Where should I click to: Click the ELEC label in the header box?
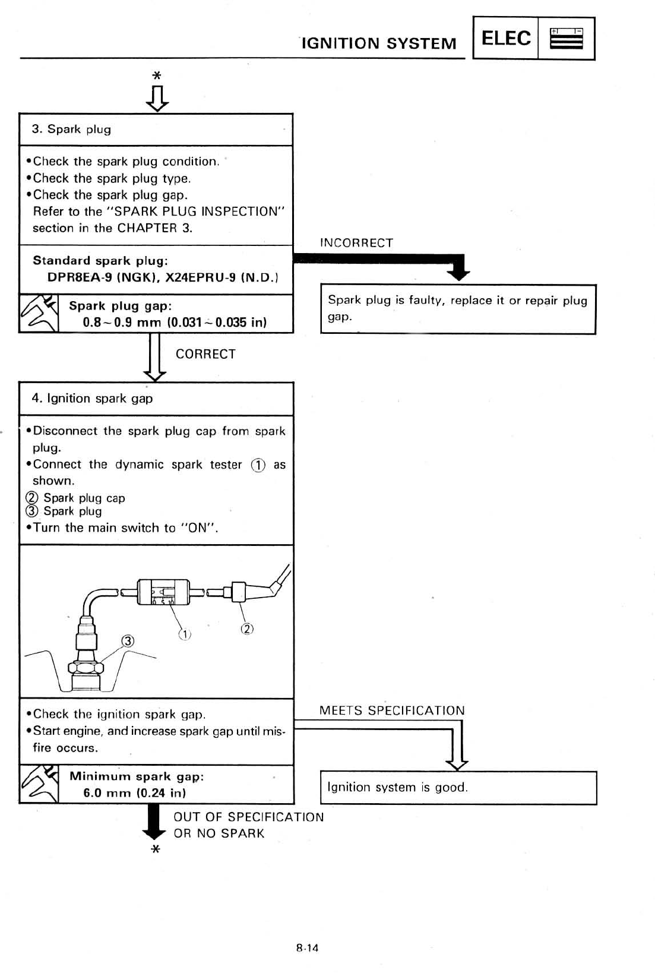[x=505, y=39]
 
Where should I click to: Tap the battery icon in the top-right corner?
[x=566, y=39]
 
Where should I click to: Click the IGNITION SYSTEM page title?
[x=379, y=43]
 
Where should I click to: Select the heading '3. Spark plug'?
[x=71, y=130]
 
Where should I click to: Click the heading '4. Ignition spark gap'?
[x=92, y=399]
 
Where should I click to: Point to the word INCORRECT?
[x=356, y=243]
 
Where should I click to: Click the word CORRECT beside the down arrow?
[x=205, y=354]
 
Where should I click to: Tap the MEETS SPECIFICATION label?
[x=392, y=710]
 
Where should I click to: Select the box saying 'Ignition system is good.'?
[x=458, y=788]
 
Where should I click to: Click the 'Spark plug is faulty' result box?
[x=458, y=309]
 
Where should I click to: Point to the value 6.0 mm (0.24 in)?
[x=135, y=793]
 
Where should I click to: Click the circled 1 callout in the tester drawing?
[x=185, y=634]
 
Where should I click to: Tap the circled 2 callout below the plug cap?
[x=247, y=629]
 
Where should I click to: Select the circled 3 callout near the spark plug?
[x=128, y=640]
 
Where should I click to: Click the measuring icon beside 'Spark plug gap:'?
[x=39, y=314]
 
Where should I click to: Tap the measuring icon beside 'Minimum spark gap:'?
[x=39, y=784]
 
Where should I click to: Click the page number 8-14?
[x=307, y=948]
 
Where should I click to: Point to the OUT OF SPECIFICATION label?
[x=248, y=817]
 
